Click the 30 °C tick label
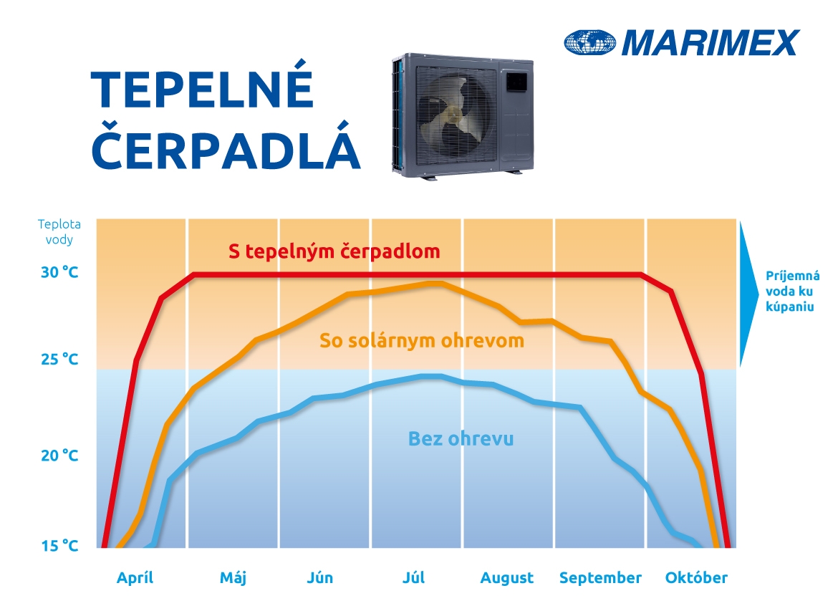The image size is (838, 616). click(59, 272)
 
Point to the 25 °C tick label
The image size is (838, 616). click(59, 359)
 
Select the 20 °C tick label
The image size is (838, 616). click(59, 455)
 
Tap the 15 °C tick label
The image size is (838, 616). click(59, 546)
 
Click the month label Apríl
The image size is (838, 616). click(135, 577)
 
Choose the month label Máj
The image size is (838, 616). click(233, 577)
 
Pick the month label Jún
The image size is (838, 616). click(319, 577)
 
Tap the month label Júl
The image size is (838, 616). click(414, 577)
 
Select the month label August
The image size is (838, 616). click(506, 578)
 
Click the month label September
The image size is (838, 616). click(600, 578)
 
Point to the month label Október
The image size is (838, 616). click(696, 577)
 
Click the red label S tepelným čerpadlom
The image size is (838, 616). click(334, 251)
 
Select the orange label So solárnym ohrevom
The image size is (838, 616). click(422, 340)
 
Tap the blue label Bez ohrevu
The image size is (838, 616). click(461, 438)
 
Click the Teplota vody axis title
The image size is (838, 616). click(59, 231)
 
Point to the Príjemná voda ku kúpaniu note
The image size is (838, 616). click(792, 292)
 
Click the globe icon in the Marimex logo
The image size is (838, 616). click(590, 42)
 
